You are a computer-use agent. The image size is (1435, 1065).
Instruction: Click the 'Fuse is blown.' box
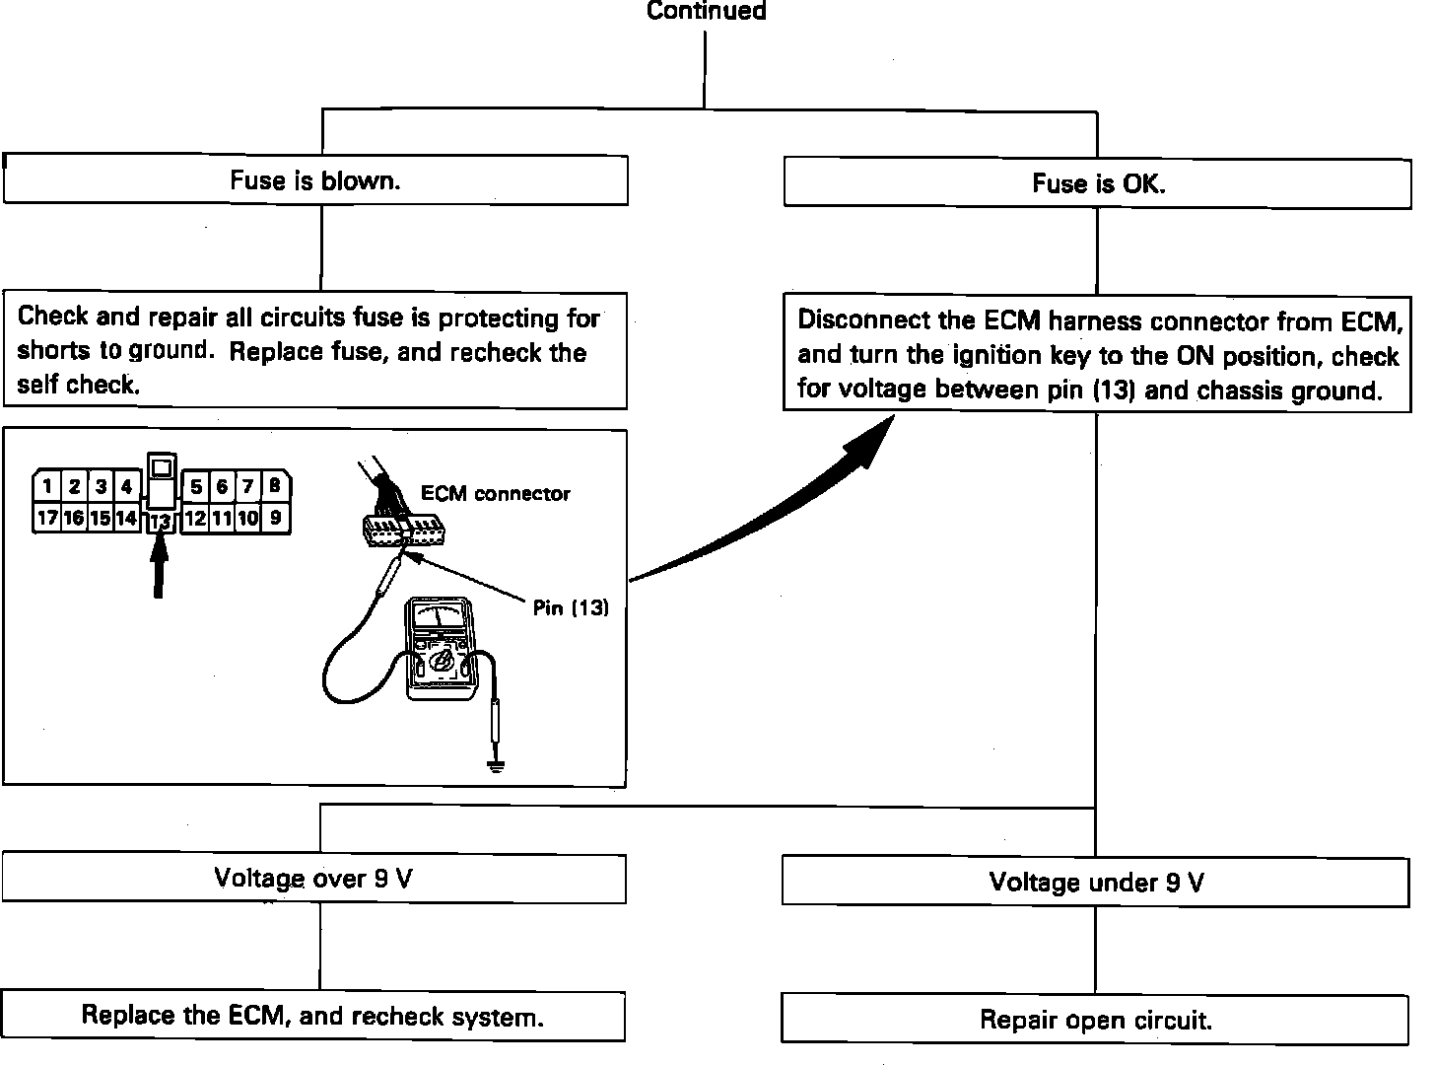pyautogui.click(x=315, y=180)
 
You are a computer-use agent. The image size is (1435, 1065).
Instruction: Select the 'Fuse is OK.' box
pyautogui.click(x=1098, y=183)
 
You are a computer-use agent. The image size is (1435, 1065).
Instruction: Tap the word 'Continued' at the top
pyautogui.click(x=706, y=12)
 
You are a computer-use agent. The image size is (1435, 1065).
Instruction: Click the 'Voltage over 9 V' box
pyautogui.click(x=313, y=879)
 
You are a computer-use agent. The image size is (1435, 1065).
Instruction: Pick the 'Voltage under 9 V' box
pyautogui.click(x=1096, y=882)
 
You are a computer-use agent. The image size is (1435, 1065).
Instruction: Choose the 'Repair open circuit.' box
pyautogui.click(x=1095, y=1020)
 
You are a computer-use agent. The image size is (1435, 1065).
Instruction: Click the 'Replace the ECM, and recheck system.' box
pyautogui.click(x=312, y=1017)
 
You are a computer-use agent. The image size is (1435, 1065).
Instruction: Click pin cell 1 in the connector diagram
pyautogui.click(x=47, y=487)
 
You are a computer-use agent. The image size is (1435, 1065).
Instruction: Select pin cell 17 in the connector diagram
pyautogui.click(x=47, y=518)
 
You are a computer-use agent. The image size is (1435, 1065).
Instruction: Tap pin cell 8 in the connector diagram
pyautogui.click(x=275, y=486)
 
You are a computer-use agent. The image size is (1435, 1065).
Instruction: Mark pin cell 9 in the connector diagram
pyautogui.click(x=275, y=518)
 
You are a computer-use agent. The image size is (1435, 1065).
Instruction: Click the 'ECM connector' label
pyautogui.click(x=495, y=494)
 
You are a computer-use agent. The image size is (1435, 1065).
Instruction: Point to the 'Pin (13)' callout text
pyautogui.click(x=571, y=608)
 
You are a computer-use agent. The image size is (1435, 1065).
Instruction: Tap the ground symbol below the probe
pyautogui.click(x=496, y=763)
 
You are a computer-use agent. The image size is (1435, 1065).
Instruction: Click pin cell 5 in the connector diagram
pyautogui.click(x=197, y=486)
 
